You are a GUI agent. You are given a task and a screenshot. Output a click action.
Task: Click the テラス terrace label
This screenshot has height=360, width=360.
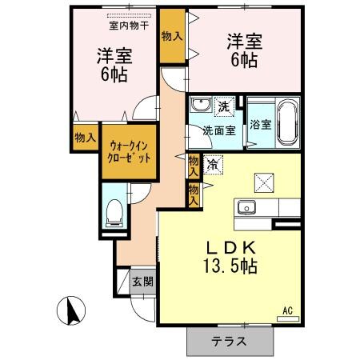click(x=229, y=341)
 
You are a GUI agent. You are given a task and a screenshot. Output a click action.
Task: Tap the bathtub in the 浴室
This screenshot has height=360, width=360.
click(x=287, y=122)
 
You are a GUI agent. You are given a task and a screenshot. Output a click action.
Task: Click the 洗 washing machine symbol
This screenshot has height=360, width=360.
click(x=225, y=106)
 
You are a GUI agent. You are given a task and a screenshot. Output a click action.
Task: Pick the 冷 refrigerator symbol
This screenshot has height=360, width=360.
click(x=213, y=164)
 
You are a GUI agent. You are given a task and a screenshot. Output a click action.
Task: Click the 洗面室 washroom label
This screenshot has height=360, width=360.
click(x=218, y=130)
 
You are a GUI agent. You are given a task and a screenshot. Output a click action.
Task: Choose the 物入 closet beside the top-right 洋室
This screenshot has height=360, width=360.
click(x=171, y=36)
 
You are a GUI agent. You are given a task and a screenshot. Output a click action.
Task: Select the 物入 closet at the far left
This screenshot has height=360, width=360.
click(x=85, y=138)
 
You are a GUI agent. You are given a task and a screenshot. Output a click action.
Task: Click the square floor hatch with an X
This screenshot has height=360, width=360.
click(x=263, y=182)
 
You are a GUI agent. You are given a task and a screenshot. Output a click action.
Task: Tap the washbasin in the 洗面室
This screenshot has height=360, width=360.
click(x=200, y=104)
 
